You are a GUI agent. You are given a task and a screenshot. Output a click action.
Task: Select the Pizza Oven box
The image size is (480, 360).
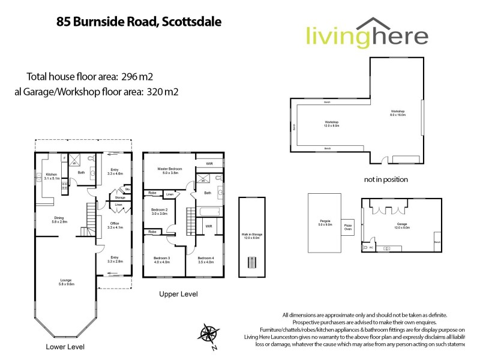[348, 227]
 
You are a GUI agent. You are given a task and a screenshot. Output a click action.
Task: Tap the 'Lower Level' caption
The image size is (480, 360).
[65, 347]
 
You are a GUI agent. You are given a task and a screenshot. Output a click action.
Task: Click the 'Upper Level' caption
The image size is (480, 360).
[178, 295]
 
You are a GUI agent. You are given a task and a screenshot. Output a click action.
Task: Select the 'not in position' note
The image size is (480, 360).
[386, 179]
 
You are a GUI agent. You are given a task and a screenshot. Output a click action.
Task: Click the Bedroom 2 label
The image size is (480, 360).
[159, 211]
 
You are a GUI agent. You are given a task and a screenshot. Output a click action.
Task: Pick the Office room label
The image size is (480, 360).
[114, 225]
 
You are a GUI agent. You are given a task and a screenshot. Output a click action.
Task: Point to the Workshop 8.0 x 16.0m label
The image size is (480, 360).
[398, 113]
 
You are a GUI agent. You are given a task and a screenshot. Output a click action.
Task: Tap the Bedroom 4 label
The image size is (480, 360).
[206, 259]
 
